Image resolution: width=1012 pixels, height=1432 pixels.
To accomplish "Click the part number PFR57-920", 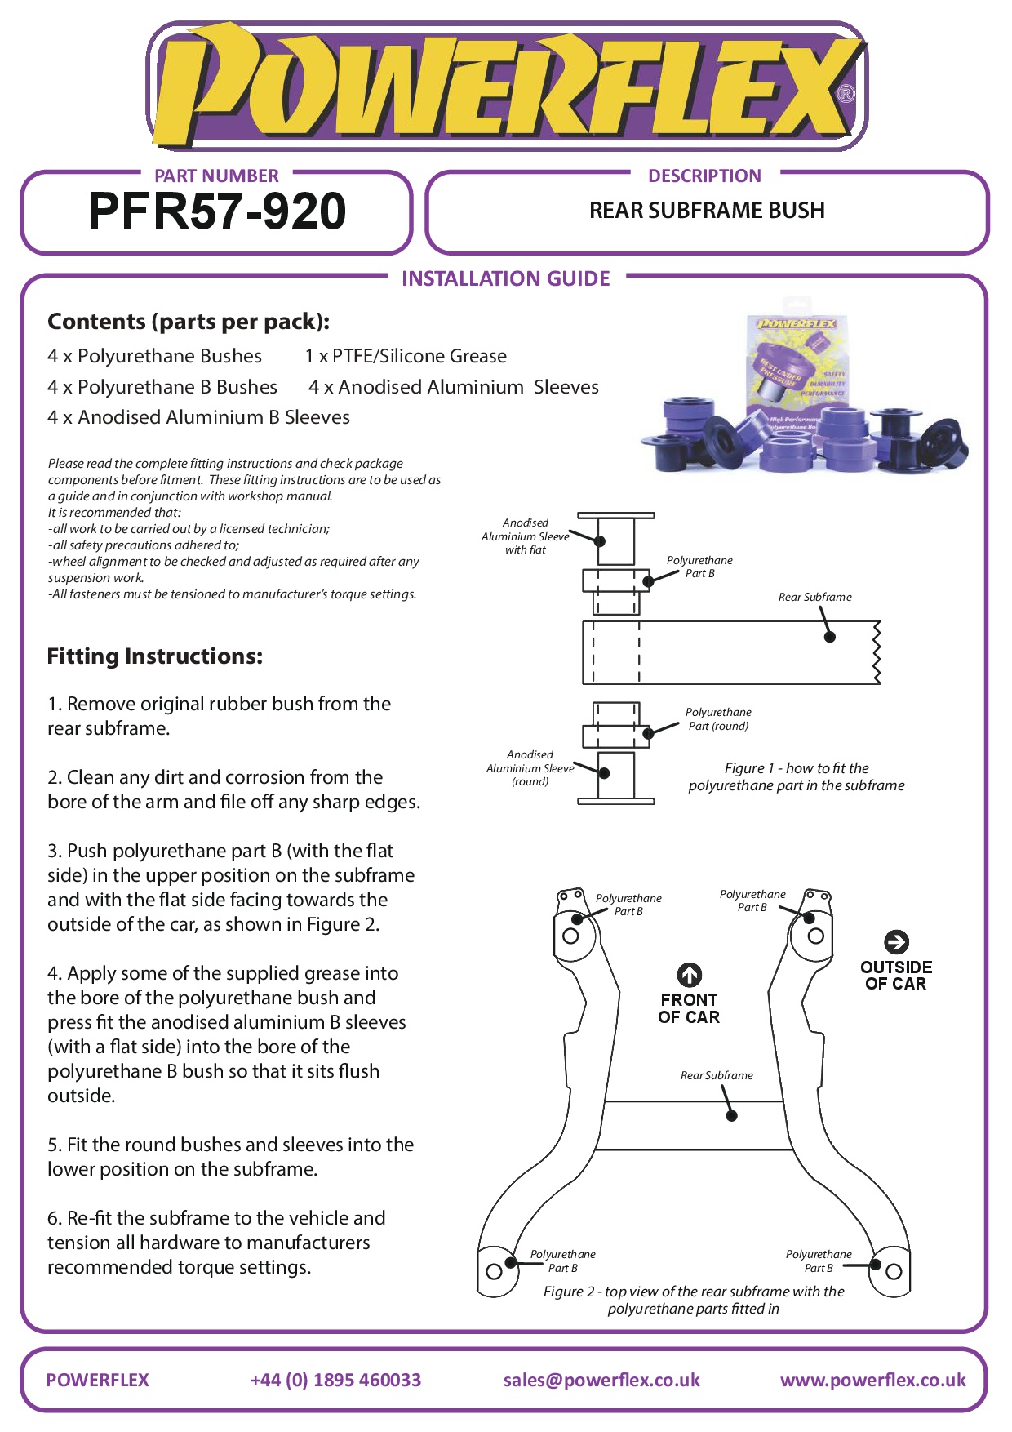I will coord(217,211).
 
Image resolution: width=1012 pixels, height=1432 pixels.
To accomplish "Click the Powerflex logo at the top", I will coord(506,87).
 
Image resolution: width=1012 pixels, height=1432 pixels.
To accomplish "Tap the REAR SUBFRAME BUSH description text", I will coord(707,211).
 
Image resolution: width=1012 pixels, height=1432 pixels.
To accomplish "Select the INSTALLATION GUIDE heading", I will coord(506,279).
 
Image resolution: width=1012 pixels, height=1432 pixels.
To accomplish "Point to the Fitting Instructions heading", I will coord(155,656).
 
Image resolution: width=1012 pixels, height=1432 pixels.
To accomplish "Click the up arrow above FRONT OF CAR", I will coord(690,974).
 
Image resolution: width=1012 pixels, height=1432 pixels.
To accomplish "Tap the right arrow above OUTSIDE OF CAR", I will coord(896,942).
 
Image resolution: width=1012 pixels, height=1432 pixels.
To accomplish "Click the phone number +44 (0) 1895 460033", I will coord(335,1380).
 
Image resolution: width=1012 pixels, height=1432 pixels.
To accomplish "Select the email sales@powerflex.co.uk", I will coord(601,1380).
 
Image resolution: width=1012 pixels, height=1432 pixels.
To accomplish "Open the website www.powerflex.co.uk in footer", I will coord(872,1380).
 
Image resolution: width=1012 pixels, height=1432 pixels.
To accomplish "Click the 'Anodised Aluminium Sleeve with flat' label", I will coord(526,536).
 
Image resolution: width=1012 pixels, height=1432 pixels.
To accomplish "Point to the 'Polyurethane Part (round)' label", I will coord(718,719).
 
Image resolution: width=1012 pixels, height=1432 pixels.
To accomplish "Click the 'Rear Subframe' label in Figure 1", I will coord(814,598).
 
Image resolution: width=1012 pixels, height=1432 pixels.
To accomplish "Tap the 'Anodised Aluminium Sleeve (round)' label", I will coord(530,768).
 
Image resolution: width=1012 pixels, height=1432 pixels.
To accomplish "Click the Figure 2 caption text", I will coord(694,1300).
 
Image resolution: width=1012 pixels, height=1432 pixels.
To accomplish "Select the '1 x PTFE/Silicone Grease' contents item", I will coord(406,356).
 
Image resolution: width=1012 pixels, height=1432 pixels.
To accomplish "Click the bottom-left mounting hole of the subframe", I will coord(494,1271).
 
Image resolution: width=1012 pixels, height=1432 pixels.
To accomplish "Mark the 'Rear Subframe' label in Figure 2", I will coord(717,1076).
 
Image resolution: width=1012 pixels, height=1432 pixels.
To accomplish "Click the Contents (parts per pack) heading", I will coord(189,322).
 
